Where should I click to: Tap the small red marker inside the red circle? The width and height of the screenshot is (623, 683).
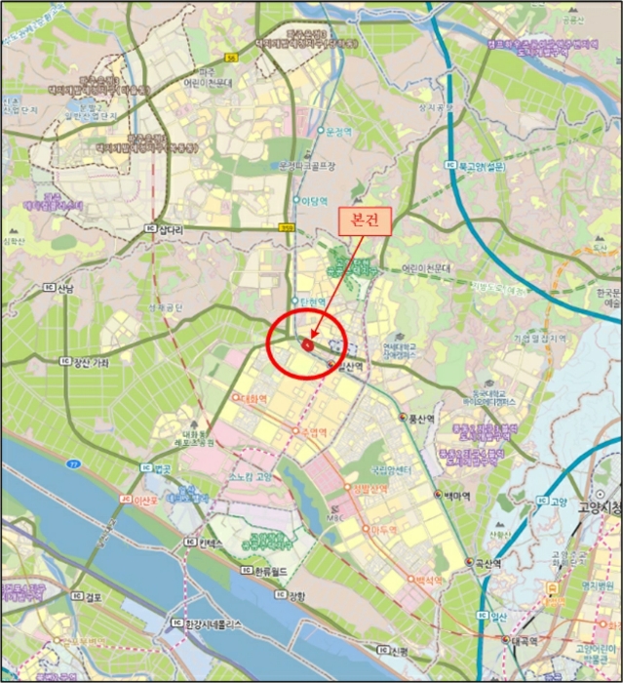[x=308, y=343]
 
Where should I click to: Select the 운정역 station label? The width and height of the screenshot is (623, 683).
[x=337, y=130]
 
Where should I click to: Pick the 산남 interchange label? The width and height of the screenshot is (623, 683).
[x=64, y=289]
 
